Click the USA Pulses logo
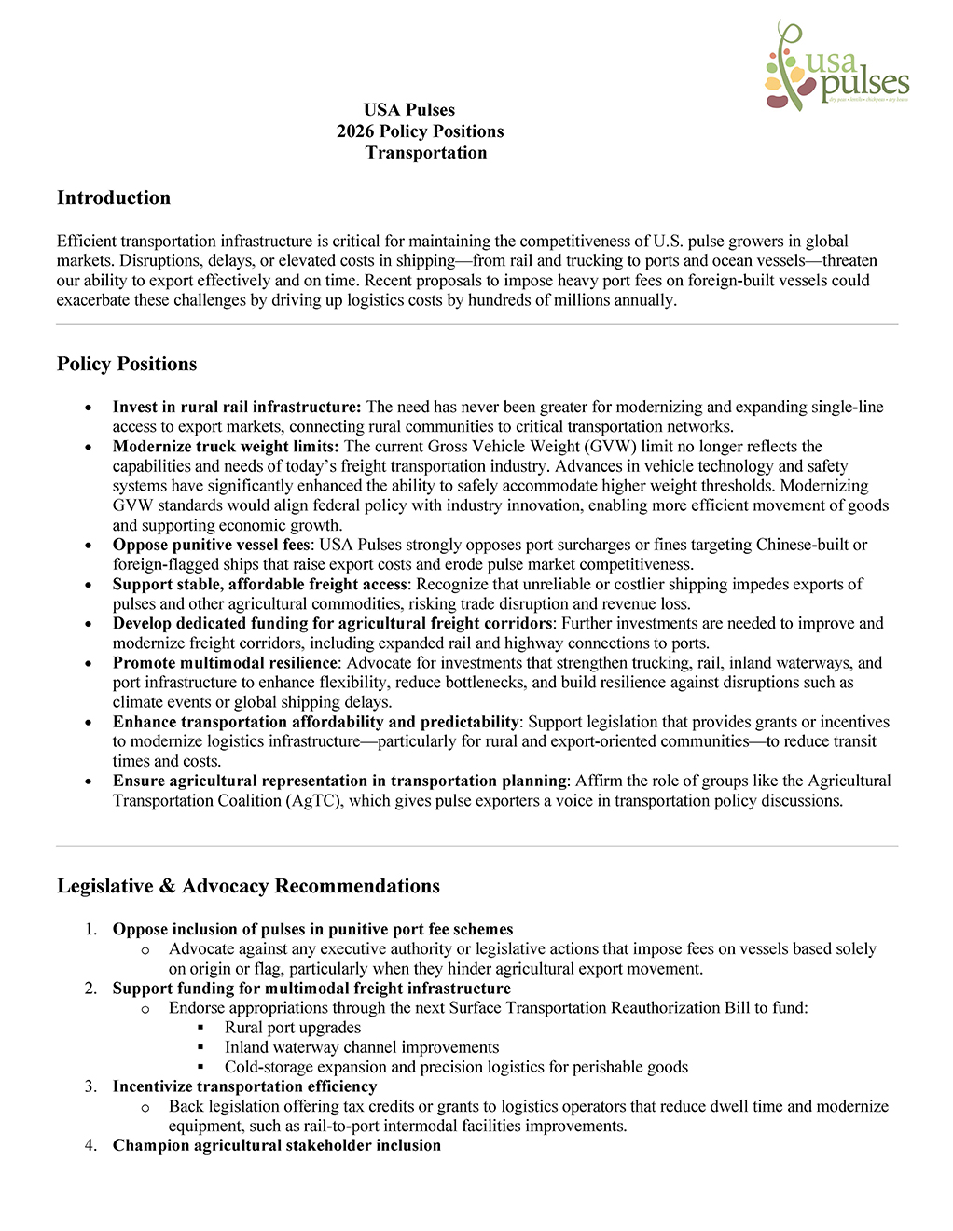point(836,67)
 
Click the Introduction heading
point(114,198)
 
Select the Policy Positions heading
point(127,364)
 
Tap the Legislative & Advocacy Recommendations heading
point(248,886)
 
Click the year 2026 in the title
point(356,131)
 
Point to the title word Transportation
point(426,153)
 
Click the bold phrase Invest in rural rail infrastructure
point(236,407)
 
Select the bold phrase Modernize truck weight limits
point(226,447)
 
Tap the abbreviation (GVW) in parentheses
point(610,447)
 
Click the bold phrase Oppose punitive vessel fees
point(211,545)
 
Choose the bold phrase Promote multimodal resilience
point(225,663)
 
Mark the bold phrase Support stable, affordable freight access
point(260,584)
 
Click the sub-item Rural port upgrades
point(293,1028)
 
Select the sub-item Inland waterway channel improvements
point(362,1047)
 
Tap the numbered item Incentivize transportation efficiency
point(244,1086)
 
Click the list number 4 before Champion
point(90,1145)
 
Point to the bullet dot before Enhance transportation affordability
point(89,723)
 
